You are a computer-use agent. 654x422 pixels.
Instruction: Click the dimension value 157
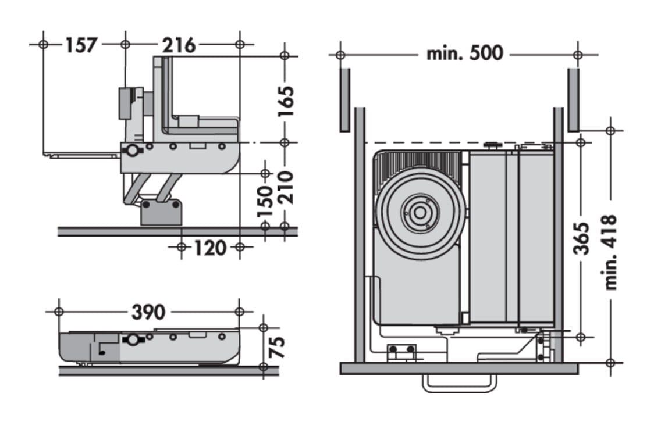tap(82, 45)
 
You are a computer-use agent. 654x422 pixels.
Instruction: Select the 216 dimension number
tap(179, 45)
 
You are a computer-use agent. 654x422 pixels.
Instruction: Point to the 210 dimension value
tap(285, 188)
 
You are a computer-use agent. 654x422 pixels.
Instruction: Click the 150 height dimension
tap(265, 201)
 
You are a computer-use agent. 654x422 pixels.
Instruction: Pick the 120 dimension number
tap(209, 248)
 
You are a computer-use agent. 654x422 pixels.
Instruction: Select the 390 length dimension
tap(148, 312)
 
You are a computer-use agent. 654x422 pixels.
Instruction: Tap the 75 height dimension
tap(278, 347)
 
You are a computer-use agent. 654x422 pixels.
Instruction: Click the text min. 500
tap(464, 54)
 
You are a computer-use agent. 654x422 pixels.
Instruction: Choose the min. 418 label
tap(610, 252)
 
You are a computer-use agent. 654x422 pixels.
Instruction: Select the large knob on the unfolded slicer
tap(133, 151)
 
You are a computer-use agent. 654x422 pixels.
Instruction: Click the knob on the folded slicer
tap(133, 339)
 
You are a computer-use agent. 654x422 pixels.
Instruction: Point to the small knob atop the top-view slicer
tap(493, 144)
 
